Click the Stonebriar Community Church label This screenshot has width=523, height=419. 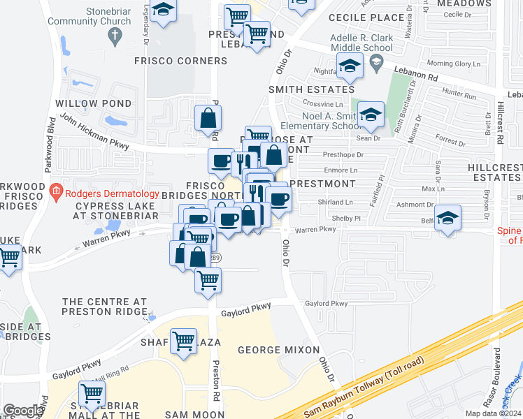click(x=89, y=17)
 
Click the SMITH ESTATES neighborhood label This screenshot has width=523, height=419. click(x=312, y=89)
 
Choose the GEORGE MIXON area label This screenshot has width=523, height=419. click(x=278, y=349)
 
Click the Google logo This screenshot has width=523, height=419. click(x=23, y=411)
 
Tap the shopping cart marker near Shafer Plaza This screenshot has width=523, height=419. click(x=183, y=341)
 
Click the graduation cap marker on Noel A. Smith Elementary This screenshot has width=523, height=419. click(x=371, y=113)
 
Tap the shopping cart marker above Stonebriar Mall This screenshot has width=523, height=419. click(x=92, y=392)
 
